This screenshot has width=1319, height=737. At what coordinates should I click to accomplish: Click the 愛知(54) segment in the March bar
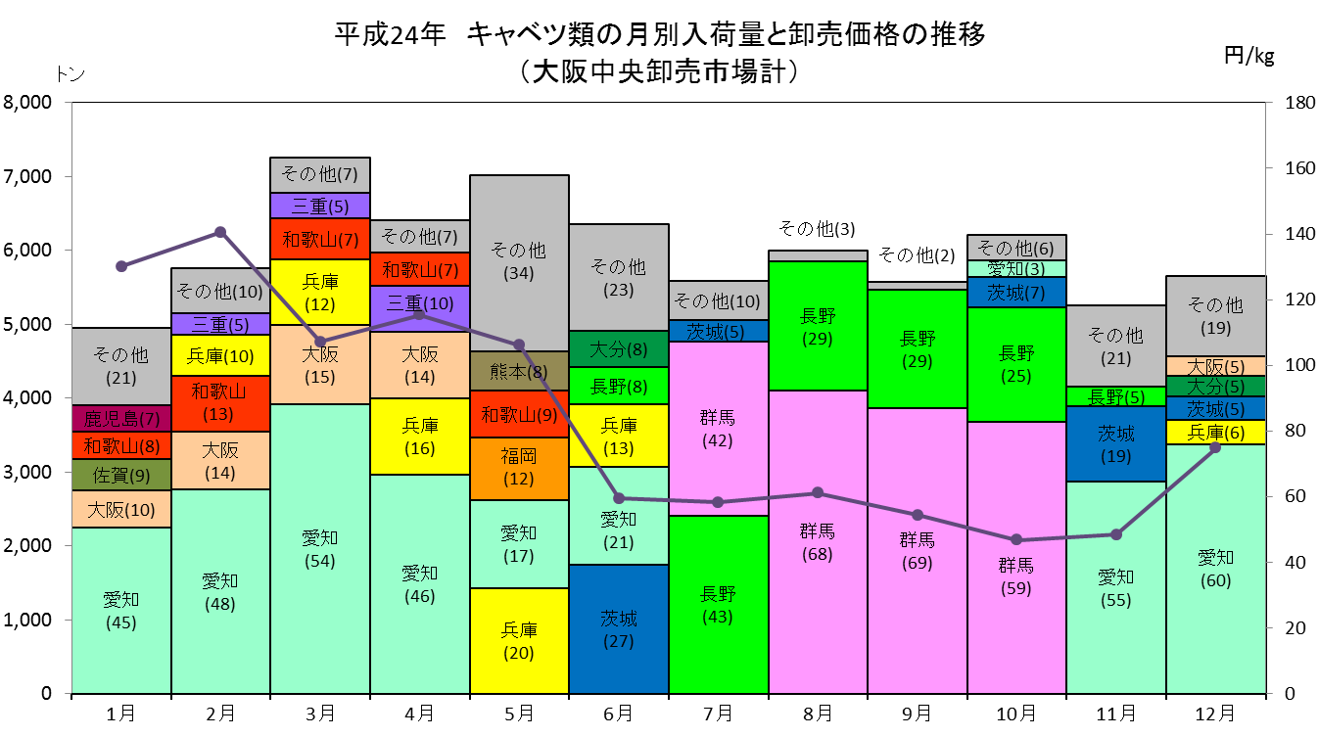pyautogui.click(x=320, y=549)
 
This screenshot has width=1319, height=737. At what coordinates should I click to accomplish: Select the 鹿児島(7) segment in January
pyautogui.click(x=121, y=419)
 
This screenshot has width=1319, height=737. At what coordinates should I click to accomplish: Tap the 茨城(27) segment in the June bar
pyautogui.click(x=619, y=629)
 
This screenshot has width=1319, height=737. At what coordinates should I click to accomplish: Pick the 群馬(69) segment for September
pyautogui.click(x=918, y=551)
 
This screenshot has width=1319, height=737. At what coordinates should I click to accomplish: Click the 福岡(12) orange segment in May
pyautogui.click(x=519, y=469)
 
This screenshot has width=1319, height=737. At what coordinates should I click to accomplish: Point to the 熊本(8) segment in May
pyautogui.click(x=519, y=372)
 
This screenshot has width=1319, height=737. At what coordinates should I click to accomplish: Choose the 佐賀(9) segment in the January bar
pyautogui.click(x=121, y=475)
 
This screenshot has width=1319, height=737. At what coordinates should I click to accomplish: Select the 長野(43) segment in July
pyautogui.click(x=719, y=605)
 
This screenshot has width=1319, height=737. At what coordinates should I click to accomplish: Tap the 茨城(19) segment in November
pyautogui.click(x=1116, y=443)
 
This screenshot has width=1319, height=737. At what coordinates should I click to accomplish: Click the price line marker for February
pyautogui.click(x=220, y=233)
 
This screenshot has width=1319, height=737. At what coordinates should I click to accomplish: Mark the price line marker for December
pyautogui.click(x=1215, y=448)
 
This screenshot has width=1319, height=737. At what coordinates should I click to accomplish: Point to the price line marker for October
pyautogui.click(x=1016, y=540)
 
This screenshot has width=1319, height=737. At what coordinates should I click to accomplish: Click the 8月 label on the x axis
pyautogui.click(x=818, y=714)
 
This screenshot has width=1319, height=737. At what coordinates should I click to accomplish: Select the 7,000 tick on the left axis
pyautogui.click(x=27, y=176)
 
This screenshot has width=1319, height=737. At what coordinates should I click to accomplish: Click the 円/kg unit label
pyautogui.click(x=1248, y=57)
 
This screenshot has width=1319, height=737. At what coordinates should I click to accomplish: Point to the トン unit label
pyautogui.click(x=71, y=74)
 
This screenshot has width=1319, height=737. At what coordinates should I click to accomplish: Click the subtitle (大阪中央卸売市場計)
pyautogui.click(x=660, y=71)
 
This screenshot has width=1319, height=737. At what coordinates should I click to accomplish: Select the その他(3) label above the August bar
pyautogui.click(x=817, y=228)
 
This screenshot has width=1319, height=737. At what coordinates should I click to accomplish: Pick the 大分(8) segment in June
pyautogui.click(x=619, y=349)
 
